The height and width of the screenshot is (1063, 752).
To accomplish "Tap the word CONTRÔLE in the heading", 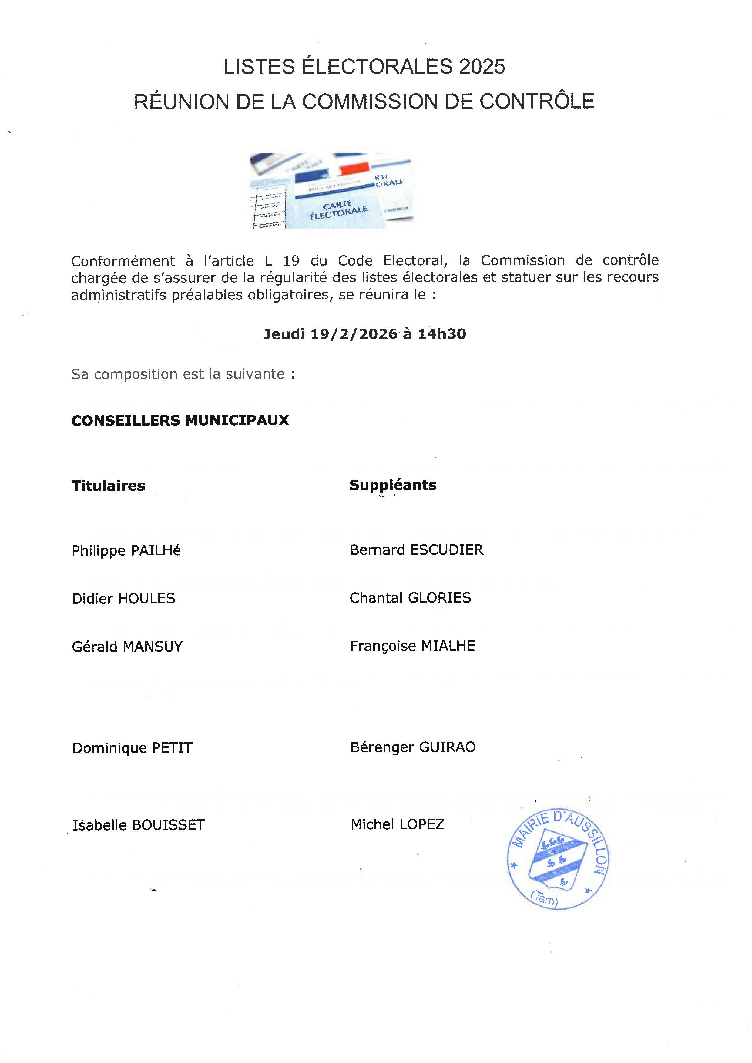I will (x=537, y=102).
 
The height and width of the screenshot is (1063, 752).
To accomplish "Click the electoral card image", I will (x=331, y=191).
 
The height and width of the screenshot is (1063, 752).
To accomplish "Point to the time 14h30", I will (x=442, y=334).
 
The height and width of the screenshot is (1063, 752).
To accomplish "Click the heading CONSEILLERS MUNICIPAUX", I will (x=180, y=420).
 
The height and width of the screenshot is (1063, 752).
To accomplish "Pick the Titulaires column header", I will (x=108, y=486).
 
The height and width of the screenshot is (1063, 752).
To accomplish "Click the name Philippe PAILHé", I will (x=126, y=550).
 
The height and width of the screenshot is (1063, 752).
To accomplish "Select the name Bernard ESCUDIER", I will (x=416, y=550).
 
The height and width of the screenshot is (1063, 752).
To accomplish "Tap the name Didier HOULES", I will (x=123, y=599).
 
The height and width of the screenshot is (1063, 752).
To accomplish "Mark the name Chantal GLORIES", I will (x=410, y=598).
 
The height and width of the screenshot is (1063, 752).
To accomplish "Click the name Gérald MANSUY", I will (x=127, y=647).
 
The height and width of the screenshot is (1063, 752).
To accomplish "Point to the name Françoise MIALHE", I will (x=412, y=646).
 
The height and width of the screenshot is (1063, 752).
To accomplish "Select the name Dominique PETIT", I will (x=132, y=748).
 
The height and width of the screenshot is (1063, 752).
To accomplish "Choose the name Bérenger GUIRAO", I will (x=413, y=747).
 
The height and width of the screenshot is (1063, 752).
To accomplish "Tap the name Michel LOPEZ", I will (x=397, y=824).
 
